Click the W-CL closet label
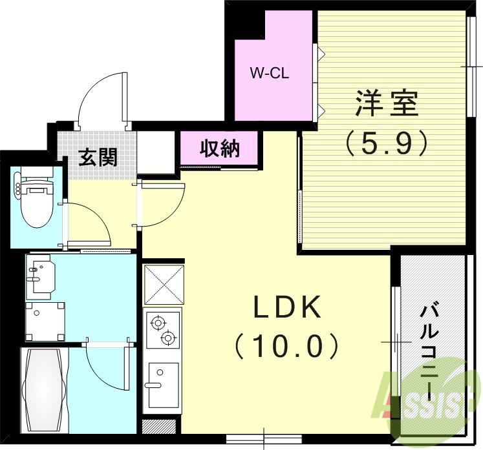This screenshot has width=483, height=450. point(269,73)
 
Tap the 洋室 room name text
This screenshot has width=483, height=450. point(385,104)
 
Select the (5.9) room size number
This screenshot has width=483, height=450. point(386,142)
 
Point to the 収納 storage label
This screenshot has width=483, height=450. point(220,148)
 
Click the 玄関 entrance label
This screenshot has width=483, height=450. point(98,157)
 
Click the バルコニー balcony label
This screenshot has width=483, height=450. point(429,349)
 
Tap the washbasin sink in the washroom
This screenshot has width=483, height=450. point(40,277)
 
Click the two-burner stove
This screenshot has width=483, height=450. point(162,329)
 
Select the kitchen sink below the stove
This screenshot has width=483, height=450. point(162,382)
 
